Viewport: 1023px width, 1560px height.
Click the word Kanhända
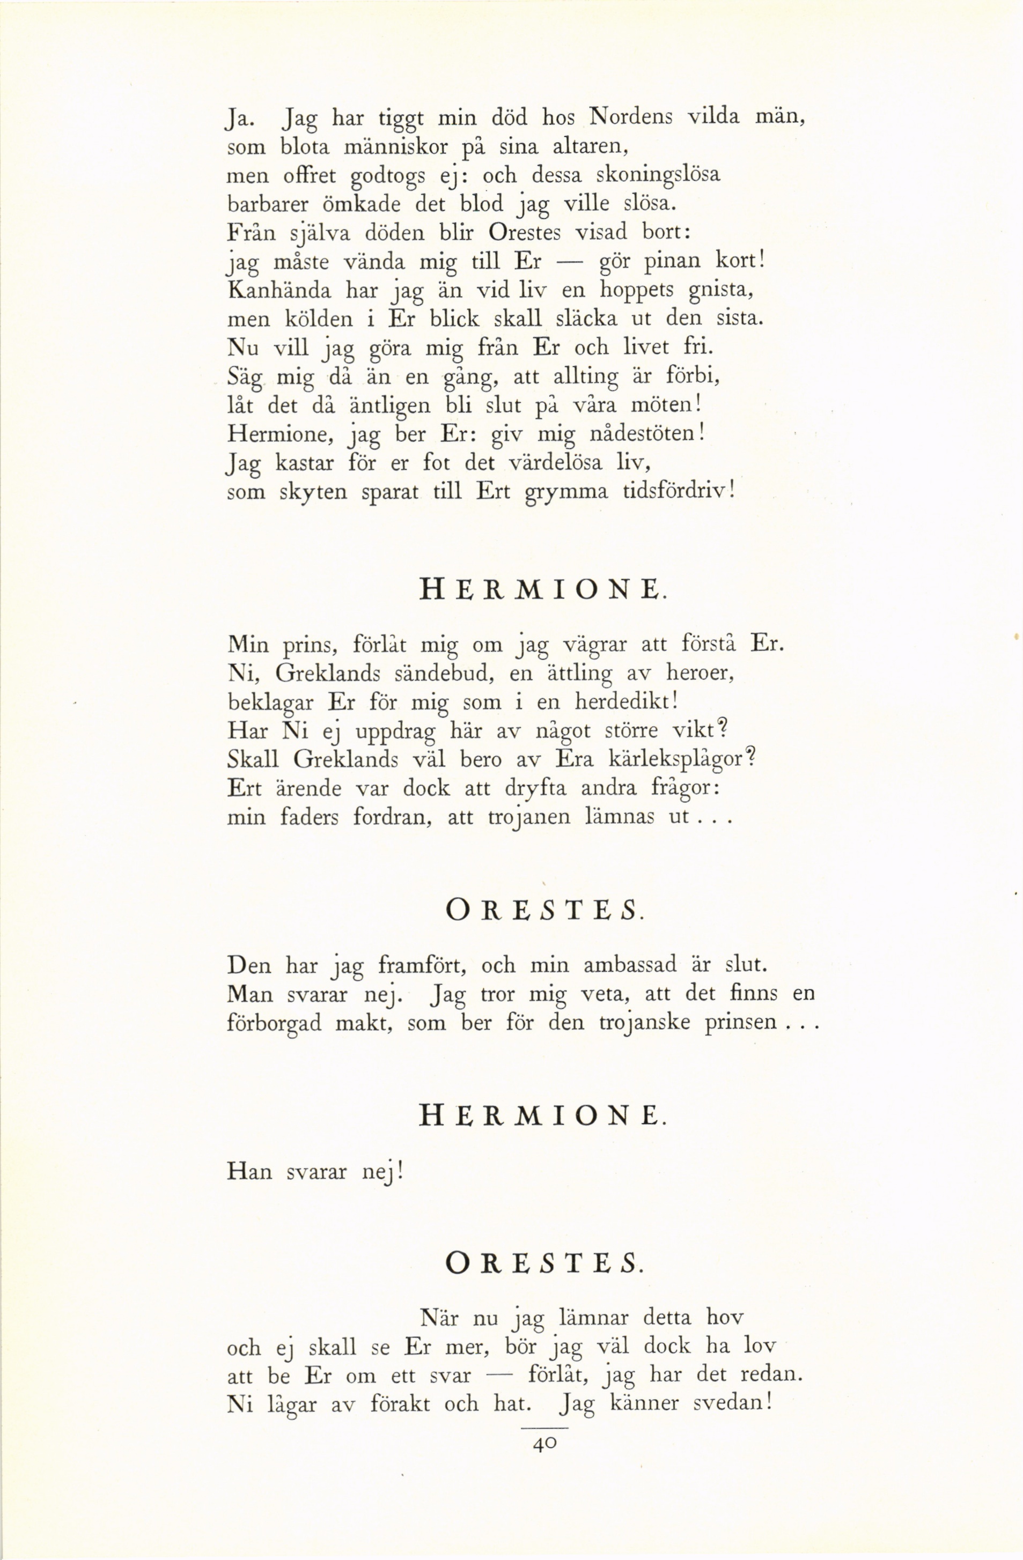point(279,290)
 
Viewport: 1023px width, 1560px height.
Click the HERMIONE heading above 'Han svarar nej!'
point(542,1115)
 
